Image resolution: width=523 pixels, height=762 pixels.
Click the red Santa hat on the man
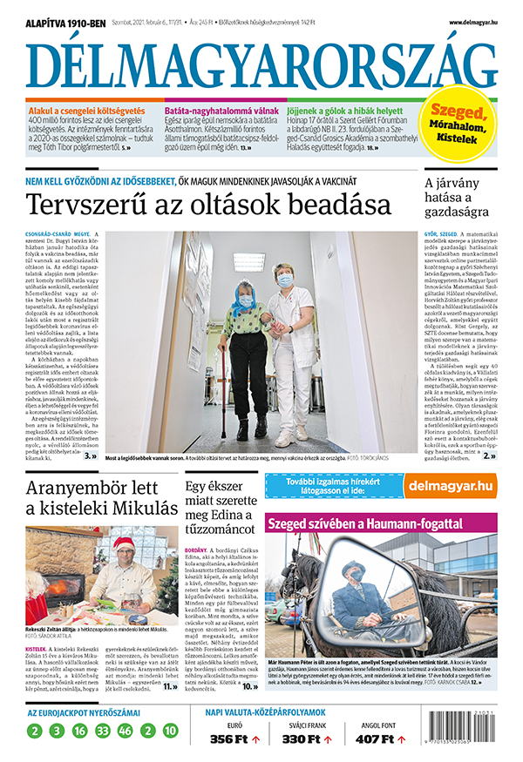(123, 544)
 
